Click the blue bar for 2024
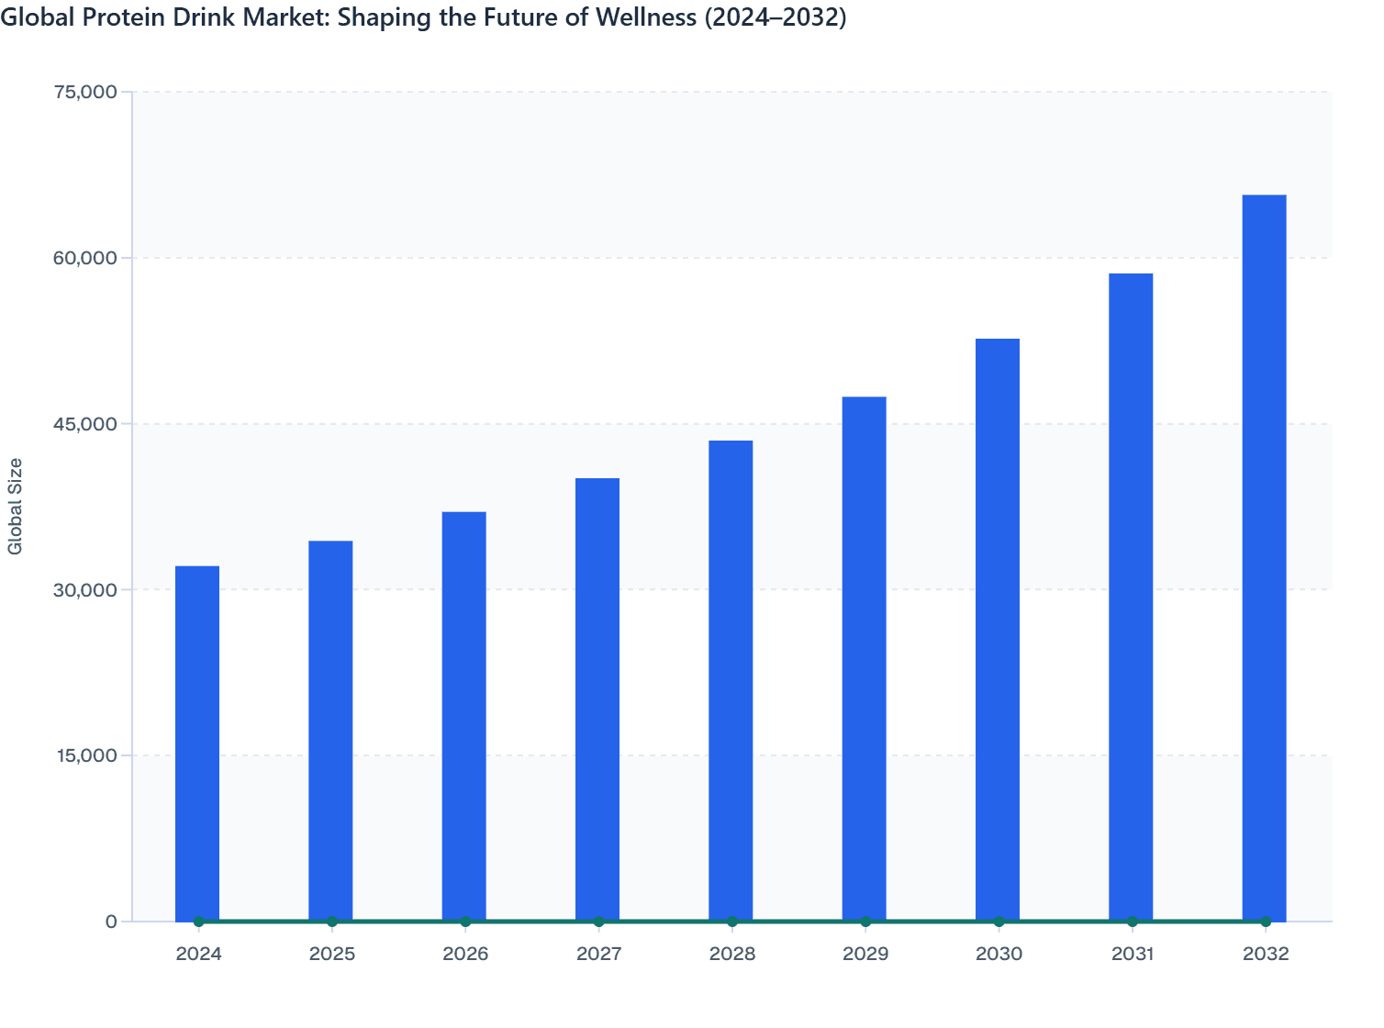197,743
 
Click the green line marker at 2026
465,921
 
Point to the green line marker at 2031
1132,921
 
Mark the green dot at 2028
731,921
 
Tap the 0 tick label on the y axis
111,922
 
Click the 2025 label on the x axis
332,955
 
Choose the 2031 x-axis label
1132,955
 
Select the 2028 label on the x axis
731,955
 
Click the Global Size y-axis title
16,506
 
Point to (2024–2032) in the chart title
775,17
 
